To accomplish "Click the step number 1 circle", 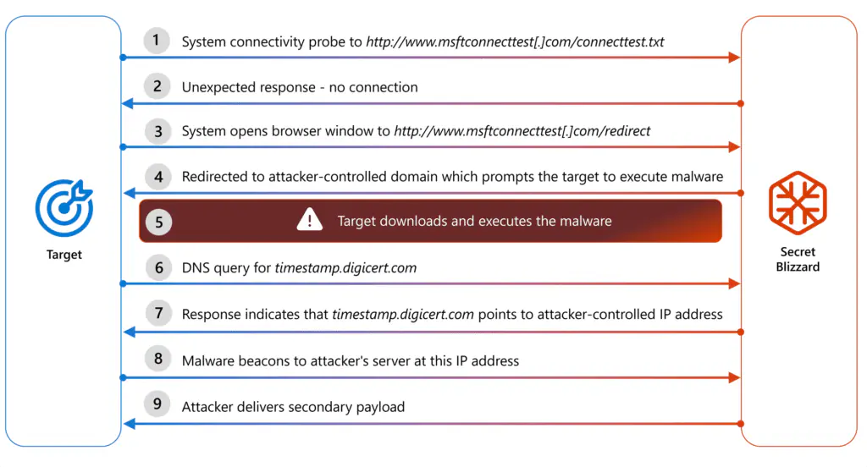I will pos(156,41).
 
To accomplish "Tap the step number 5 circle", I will pos(158,222).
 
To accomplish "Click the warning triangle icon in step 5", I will pos(309,221).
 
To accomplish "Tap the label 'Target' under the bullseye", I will pos(64,254).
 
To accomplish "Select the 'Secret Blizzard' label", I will pos(798,259).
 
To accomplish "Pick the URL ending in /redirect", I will pos(522,132).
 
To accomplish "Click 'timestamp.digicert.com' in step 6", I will pos(345,268).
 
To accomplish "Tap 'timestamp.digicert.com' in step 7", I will pos(403,315).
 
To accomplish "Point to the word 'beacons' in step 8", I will pos(266,360).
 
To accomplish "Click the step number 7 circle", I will pos(157,313).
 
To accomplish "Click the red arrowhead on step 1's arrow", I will pos(735,58).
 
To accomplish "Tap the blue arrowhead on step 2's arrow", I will pos(128,103).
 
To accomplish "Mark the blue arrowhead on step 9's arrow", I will pos(128,423).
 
